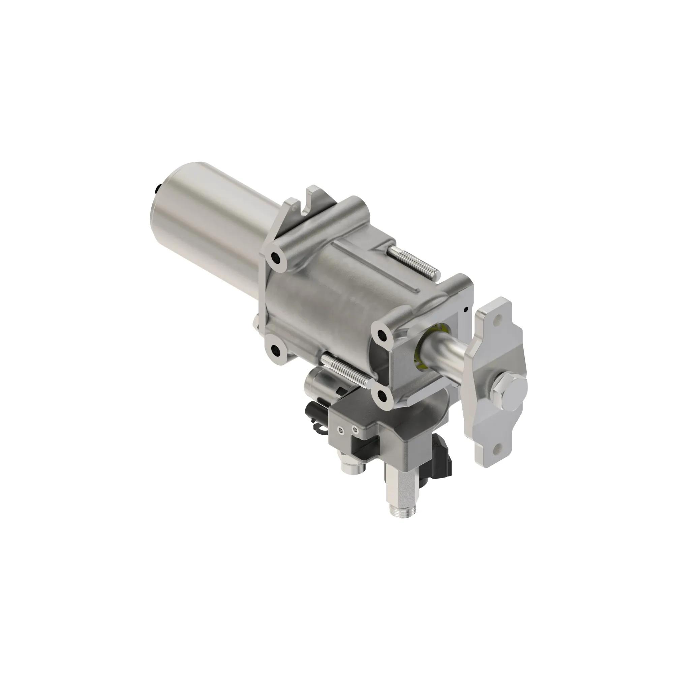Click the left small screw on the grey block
[340, 433]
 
